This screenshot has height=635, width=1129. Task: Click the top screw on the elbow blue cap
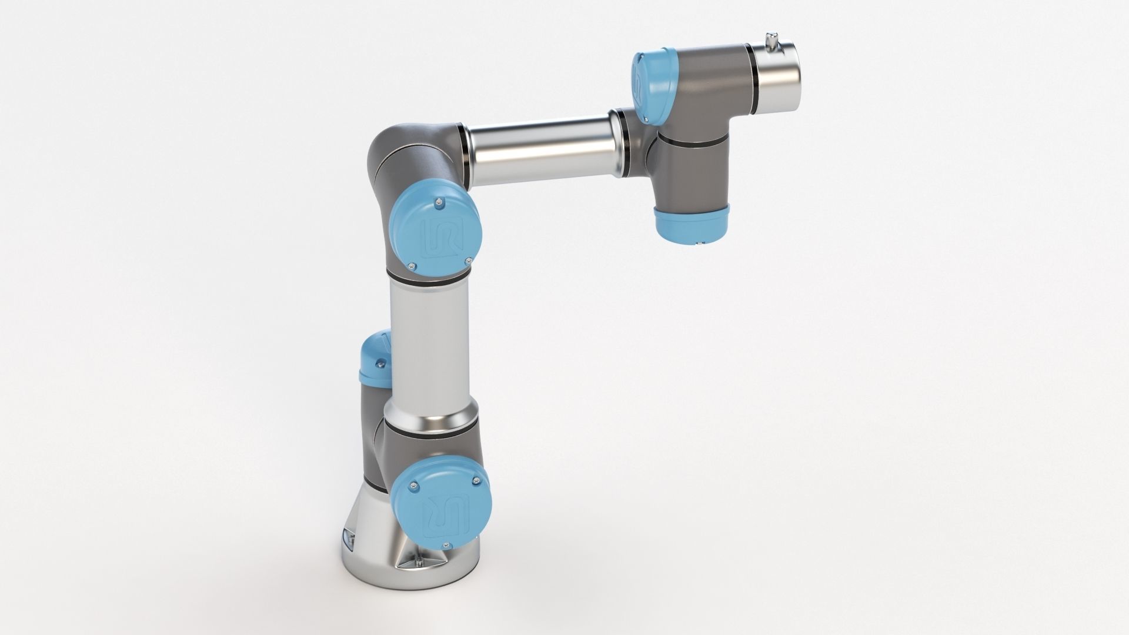439,203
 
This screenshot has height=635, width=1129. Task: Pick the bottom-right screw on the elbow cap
468,259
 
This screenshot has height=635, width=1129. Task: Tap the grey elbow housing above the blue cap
412,159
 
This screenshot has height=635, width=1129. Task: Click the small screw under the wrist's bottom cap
700,243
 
